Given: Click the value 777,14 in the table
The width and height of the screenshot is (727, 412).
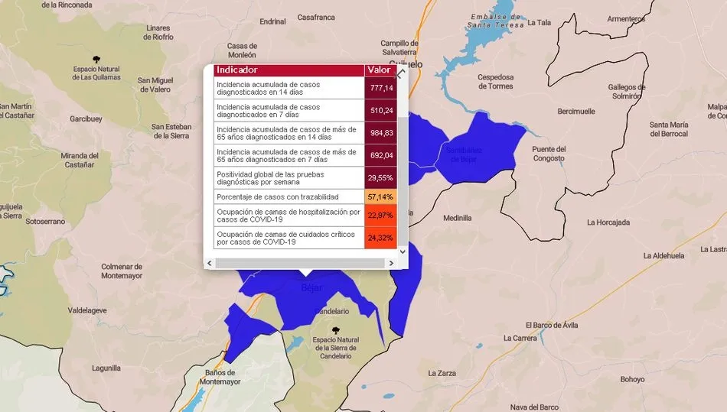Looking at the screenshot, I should (380, 88).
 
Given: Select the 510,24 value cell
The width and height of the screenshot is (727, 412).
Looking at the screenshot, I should (380, 110).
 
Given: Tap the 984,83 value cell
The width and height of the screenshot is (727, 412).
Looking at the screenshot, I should (380, 133).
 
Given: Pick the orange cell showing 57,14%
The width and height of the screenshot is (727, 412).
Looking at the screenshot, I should (380, 196).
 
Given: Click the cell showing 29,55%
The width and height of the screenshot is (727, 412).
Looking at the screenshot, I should (380, 177).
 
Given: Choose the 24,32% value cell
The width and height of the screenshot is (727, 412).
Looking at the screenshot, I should (380, 237).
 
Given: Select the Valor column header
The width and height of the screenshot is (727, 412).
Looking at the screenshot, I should (380, 70).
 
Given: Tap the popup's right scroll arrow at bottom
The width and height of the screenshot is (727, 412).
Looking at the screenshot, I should (392, 263).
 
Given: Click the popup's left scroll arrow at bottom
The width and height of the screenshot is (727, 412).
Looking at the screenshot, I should (210, 263).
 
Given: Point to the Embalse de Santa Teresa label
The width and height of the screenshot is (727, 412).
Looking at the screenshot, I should (496, 21).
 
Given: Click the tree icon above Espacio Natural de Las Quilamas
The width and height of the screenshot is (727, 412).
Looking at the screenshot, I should (96, 58).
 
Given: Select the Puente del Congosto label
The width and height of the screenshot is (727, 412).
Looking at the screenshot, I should (549, 154).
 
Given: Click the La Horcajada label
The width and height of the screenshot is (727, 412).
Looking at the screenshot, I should (608, 222).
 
